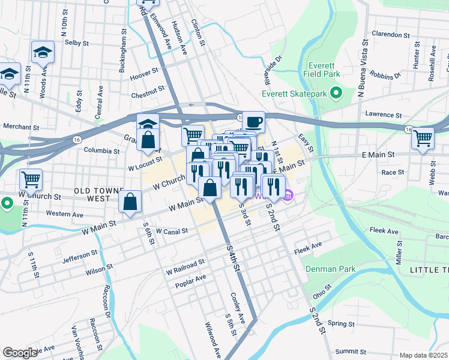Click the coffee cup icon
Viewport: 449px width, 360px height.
coord(253,122)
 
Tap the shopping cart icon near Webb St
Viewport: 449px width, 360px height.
coord(423,138)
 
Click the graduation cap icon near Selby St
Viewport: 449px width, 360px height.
coord(43,52)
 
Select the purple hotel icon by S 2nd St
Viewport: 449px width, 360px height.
coord(288,195)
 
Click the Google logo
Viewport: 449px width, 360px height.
coord(20,353)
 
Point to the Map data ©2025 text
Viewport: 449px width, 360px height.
coord(423,355)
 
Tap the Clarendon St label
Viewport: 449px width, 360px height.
coord(390,35)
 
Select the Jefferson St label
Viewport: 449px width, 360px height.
coord(79,254)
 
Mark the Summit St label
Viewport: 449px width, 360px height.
coord(351,351)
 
